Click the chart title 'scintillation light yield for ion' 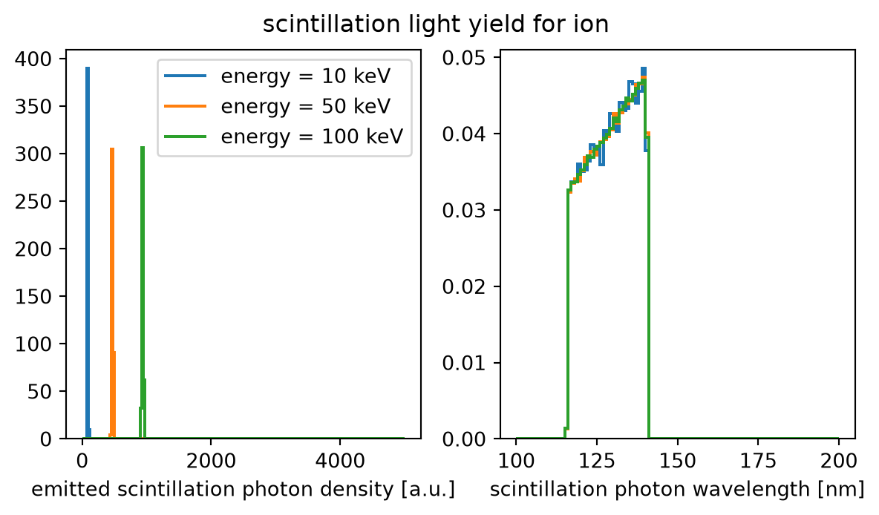click(x=436, y=24)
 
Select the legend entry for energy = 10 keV click(x=277, y=76)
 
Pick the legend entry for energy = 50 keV click(x=277, y=106)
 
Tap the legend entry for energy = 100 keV click(x=284, y=137)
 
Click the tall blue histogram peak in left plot click(x=88, y=252)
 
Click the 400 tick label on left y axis click(x=41, y=59)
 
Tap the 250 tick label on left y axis click(x=41, y=201)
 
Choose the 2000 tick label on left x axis click(x=211, y=462)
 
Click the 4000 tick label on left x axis click(x=339, y=462)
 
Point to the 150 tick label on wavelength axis click(x=677, y=462)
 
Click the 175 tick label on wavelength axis click(x=758, y=462)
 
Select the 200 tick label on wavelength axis click(x=838, y=462)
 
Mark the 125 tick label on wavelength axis click(x=597, y=462)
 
